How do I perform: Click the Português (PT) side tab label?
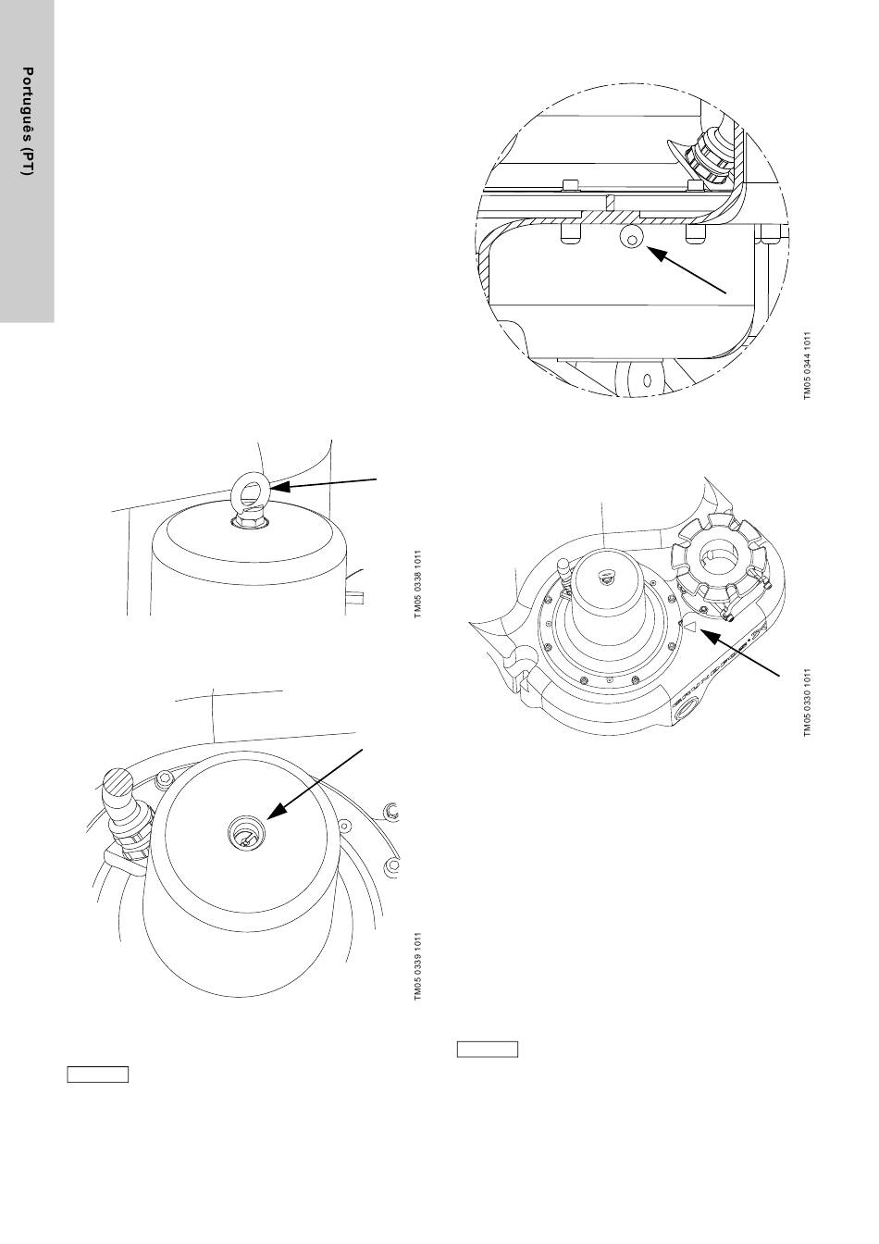[28, 122]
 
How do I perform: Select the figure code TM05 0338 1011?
[418, 587]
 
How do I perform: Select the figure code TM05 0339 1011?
[418, 966]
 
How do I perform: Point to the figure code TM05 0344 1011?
[807, 365]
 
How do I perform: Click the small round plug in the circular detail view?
[631, 240]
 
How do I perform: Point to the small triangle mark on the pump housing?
[687, 627]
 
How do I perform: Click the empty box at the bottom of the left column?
[97, 1075]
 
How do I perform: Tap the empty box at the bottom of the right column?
[488, 1050]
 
